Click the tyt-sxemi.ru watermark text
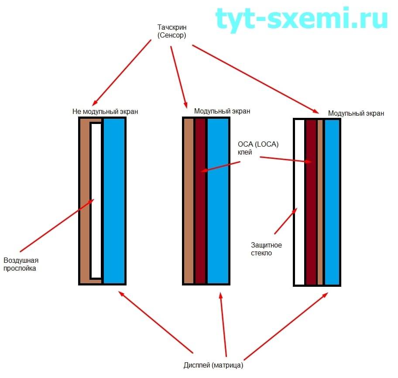[x=302, y=19]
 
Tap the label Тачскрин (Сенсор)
[x=172, y=32]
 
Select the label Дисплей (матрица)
[x=213, y=365]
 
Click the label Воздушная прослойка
[x=20, y=265]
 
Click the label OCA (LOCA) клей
[x=258, y=148]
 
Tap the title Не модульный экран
[x=105, y=111]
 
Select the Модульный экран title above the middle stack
[x=222, y=111]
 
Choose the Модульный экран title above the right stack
[x=356, y=113]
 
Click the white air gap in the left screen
[x=96, y=201]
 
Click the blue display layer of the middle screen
[x=218, y=201]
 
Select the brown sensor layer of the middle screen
[x=189, y=201]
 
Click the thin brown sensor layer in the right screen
[x=320, y=201]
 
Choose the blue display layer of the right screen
[x=332, y=201]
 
